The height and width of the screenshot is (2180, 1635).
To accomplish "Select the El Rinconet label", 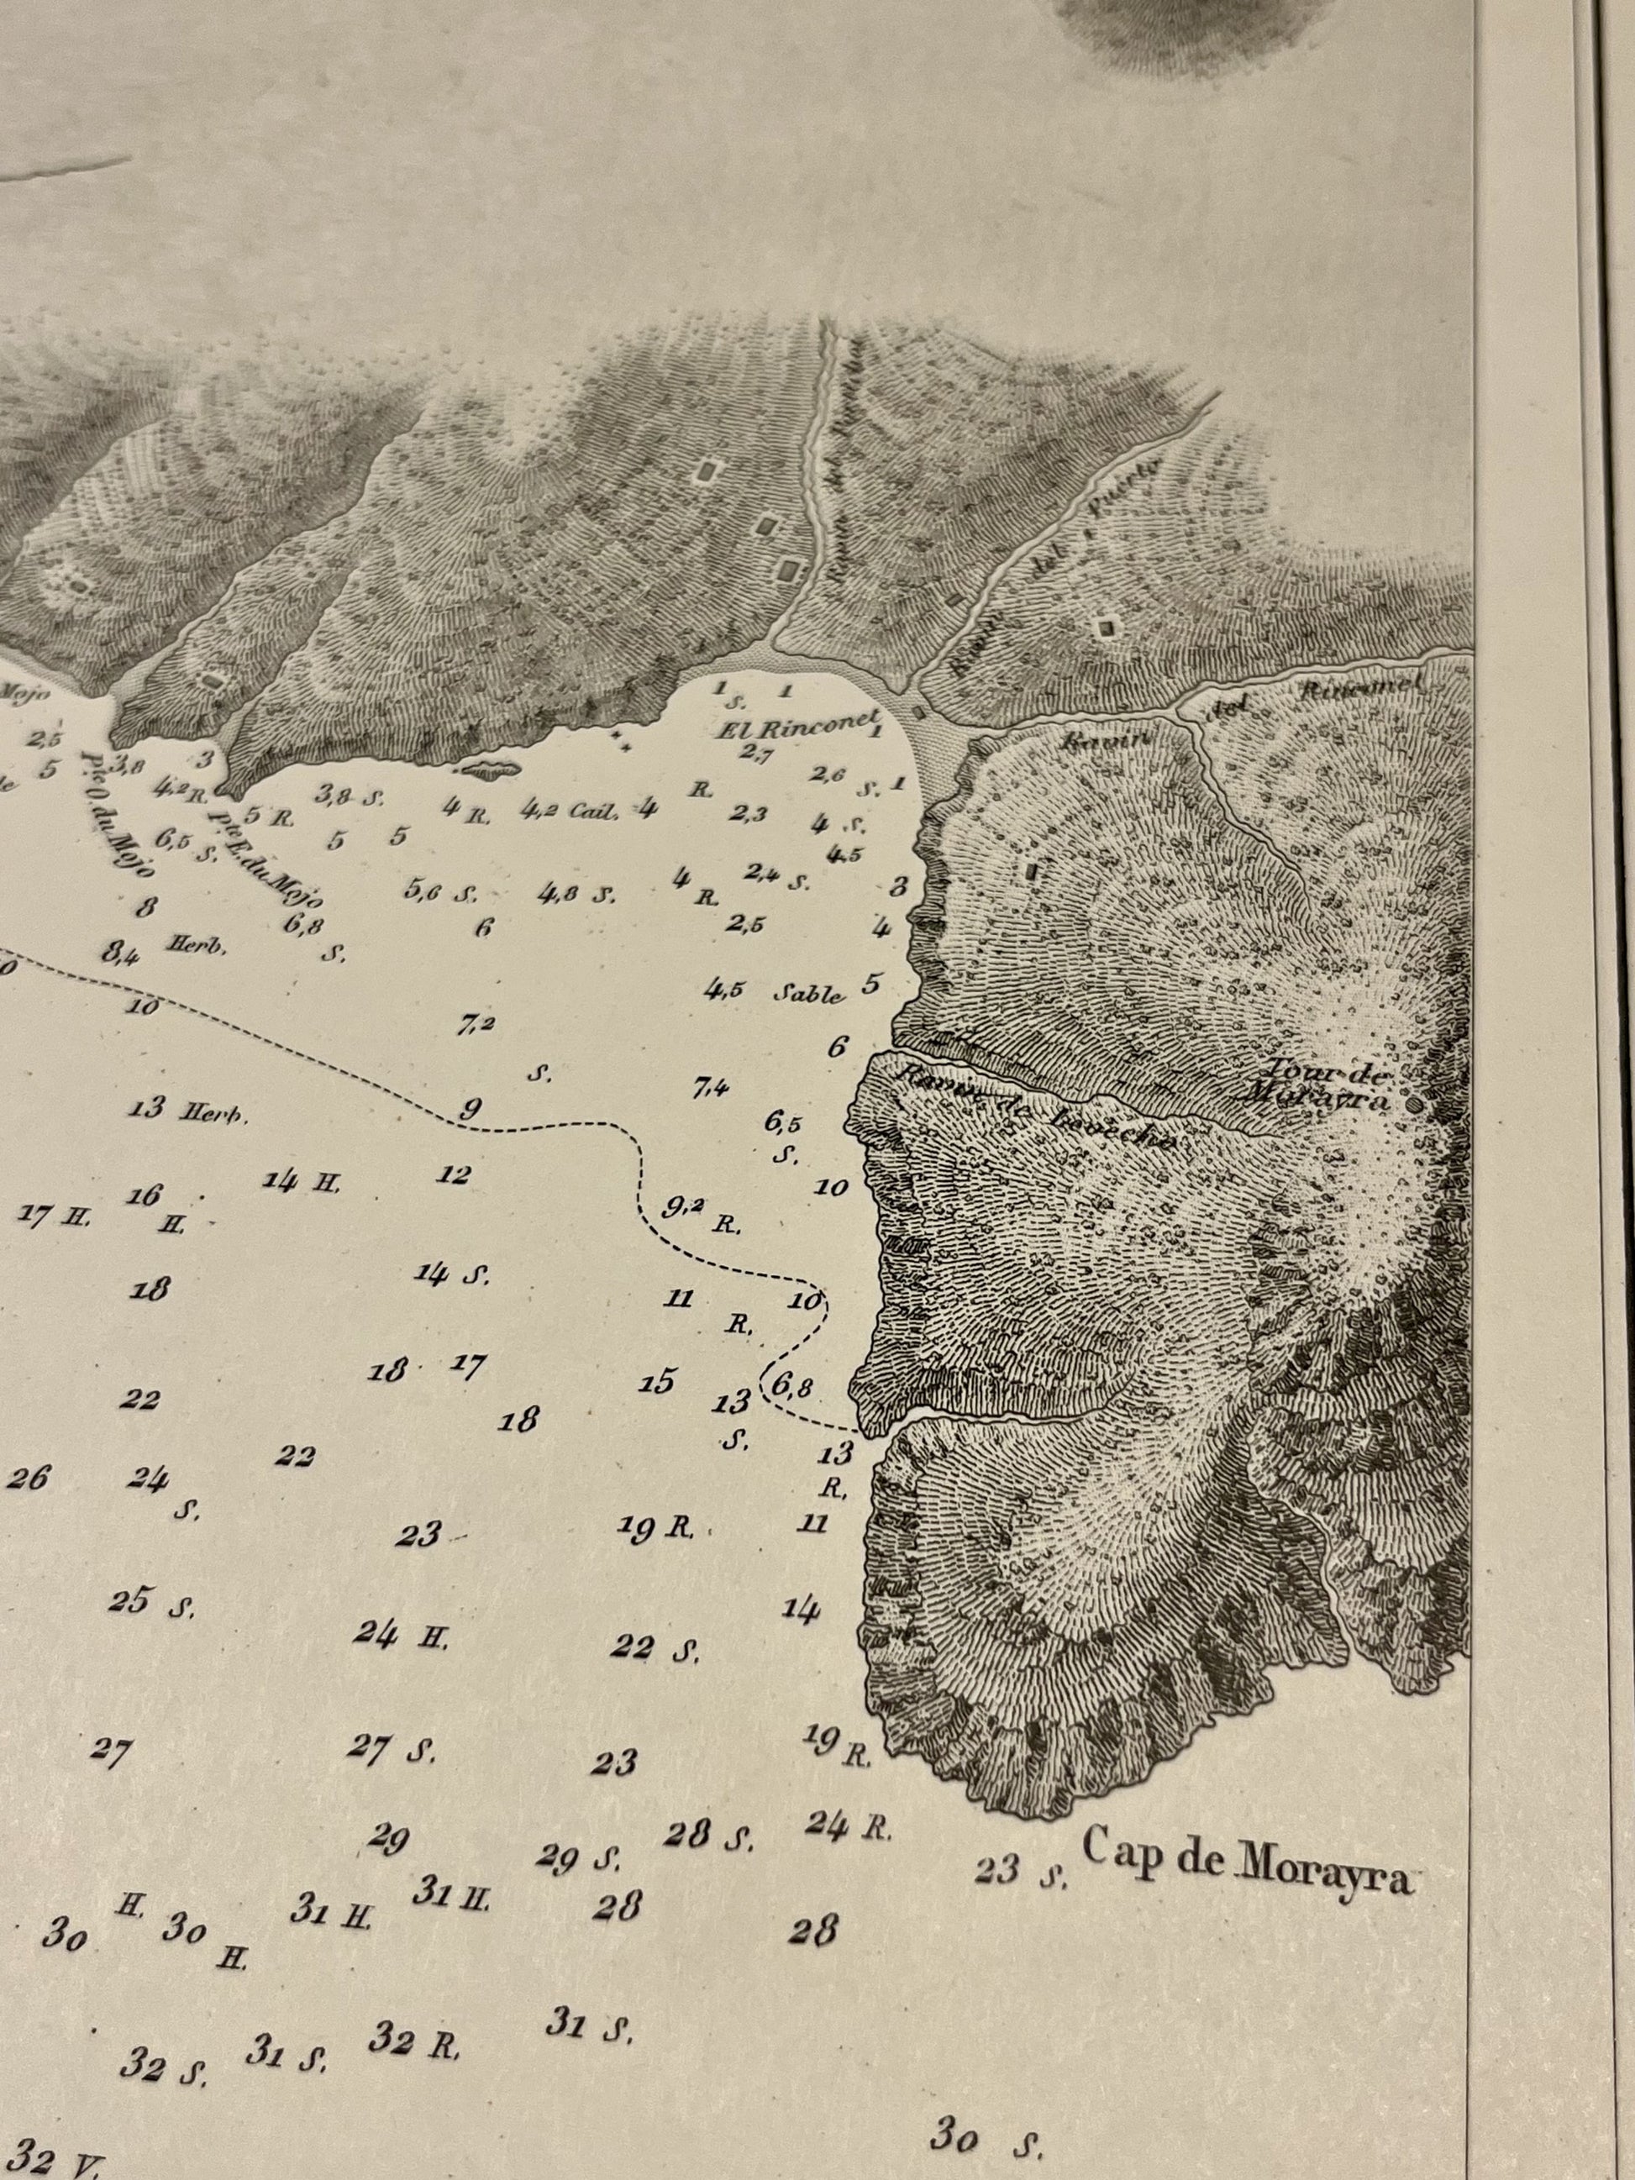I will pos(797,730).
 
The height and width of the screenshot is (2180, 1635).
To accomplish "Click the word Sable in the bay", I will pos(808,995).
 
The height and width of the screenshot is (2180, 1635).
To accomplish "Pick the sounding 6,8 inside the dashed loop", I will pos(792,1388).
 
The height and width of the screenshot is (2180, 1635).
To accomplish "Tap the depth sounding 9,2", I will pos(683,1211).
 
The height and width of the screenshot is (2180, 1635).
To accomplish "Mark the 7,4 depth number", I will pos(711,1088).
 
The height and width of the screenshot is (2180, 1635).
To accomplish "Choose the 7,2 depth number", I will pos(474,1026).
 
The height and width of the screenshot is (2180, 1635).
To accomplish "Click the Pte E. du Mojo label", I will pos(266,858).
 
